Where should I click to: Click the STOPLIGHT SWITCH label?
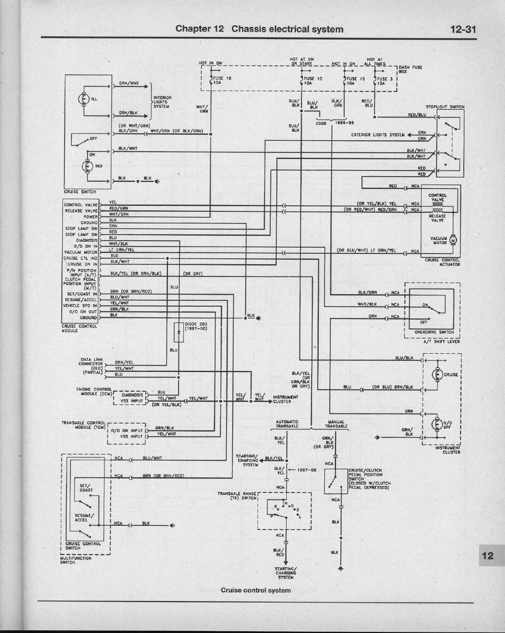[445, 107]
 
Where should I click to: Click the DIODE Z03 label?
[196, 326]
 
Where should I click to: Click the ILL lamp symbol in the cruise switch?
[85, 100]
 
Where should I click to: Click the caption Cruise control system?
[256, 590]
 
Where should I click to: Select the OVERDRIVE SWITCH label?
[434, 332]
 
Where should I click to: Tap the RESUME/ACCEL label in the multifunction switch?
[84, 518]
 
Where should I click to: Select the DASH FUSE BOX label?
[411, 69]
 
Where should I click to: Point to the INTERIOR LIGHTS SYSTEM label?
[162, 103]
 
